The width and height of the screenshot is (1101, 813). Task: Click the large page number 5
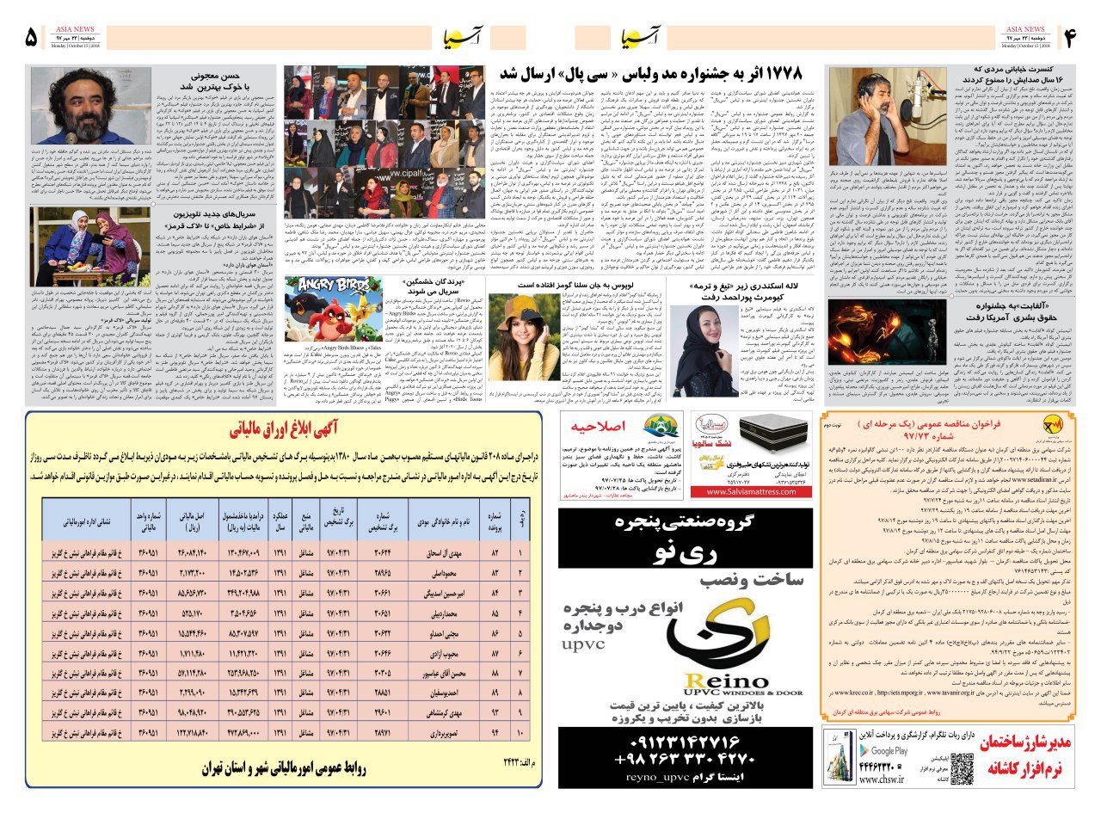(32, 38)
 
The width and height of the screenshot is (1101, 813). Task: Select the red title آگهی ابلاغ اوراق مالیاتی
(283, 431)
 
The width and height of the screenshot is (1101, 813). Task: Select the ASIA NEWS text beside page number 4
(1024, 29)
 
